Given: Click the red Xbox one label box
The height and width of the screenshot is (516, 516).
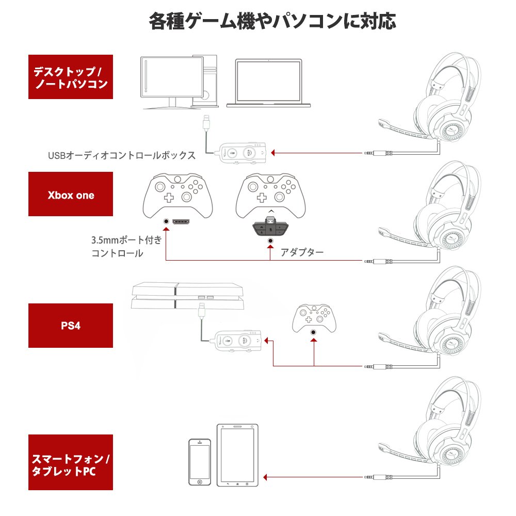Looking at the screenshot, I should pyautogui.click(x=71, y=195).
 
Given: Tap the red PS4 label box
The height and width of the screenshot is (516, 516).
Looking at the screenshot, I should pyautogui.click(x=71, y=326).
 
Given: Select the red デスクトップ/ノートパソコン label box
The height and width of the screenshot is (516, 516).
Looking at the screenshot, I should pyautogui.click(x=71, y=76).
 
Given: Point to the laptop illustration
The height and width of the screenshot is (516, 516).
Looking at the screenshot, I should pyautogui.click(x=268, y=83).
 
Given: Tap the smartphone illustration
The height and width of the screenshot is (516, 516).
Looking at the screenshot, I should pyautogui.click(x=200, y=462).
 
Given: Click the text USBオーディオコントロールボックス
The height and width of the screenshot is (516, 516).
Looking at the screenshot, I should pyautogui.click(x=122, y=155).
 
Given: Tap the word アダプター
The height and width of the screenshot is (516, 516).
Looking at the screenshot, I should pyautogui.click(x=302, y=252).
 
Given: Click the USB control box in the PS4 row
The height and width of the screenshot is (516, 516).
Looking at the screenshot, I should pyautogui.click(x=238, y=341).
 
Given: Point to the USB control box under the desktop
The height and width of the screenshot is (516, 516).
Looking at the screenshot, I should pyautogui.click(x=241, y=153).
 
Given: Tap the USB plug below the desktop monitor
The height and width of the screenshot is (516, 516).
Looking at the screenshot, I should pyautogui.click(x=207, y=124).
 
